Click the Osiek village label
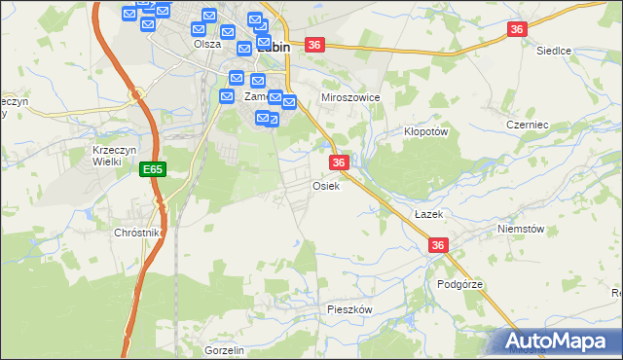coord(325,186)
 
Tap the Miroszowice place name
coord(349,98)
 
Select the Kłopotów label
coord(424,131)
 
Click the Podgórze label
coord(459,284)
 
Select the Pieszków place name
coord(349,308)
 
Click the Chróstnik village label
coord(137,234)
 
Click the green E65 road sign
coord(152,169)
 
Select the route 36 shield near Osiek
coord(339,162)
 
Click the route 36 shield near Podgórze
coord(438,246)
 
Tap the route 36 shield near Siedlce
coord(517,30)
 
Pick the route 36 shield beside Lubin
coord(313,45)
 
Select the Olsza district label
coord(207,44)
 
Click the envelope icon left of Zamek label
coord(227,96)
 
